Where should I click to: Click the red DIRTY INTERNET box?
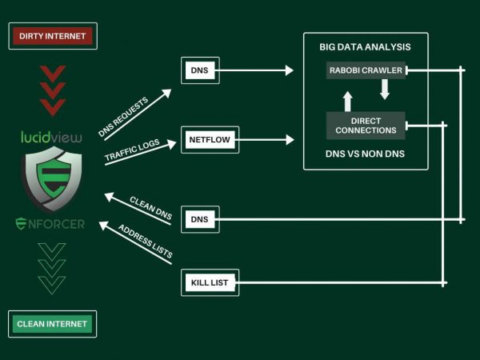(x=53, y=36)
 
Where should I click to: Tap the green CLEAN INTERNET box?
(x=53, y=324)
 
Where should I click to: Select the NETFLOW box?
(x=210, y=140)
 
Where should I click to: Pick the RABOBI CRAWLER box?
(x=366, y=70)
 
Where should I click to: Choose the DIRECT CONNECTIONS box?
(x=366, y=124)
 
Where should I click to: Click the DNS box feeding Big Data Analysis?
(x=198, y=70)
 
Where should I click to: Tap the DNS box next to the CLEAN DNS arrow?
(x=198, y=218)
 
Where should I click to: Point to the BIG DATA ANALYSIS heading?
(x=366, y=47)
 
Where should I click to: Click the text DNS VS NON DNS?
(x=366, y=152)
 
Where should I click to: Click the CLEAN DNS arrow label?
(x=150, y=206)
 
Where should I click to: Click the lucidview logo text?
(x=51, y=137)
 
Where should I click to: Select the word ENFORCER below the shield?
(x=50, y=223)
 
